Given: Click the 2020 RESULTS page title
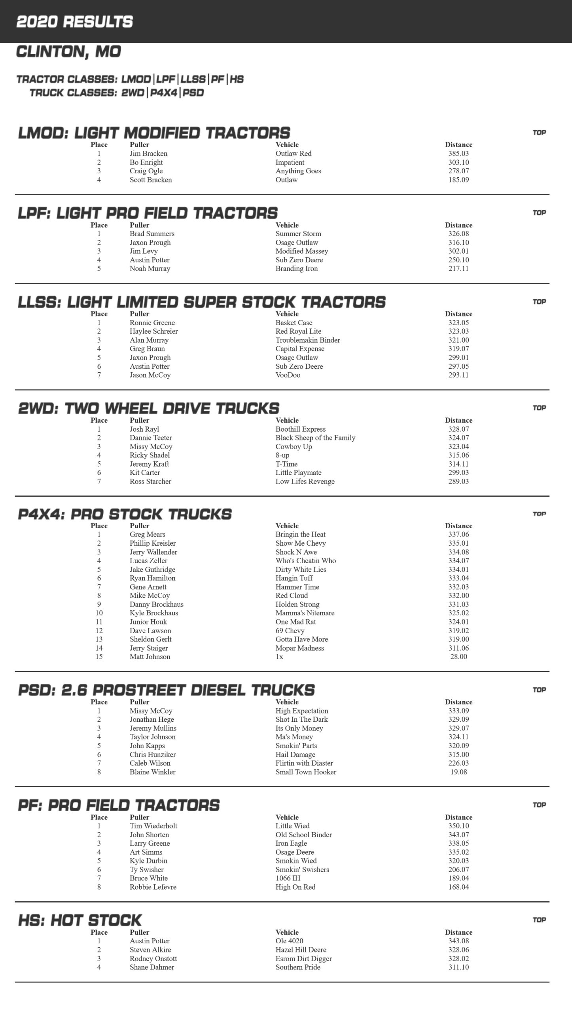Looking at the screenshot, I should (74, 22).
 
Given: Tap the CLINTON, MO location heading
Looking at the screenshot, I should (68, 52).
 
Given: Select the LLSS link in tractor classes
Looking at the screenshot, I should (193, 79).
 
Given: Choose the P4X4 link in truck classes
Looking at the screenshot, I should (164, 93).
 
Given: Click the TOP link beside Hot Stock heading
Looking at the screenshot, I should (539, 920).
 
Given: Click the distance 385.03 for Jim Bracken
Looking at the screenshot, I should (458, 154).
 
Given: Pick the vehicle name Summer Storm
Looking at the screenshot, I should (298, 234).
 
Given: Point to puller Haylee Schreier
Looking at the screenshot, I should (153, 331).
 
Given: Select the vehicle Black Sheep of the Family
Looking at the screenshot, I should (315, 438).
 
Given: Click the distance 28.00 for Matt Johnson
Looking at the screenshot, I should (458, 656).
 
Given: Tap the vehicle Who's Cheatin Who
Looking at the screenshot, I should (305, 561).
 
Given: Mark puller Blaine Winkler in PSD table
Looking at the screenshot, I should (152, 772).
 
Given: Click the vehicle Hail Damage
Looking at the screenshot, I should (295, 754).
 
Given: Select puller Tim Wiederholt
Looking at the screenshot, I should (153, 826).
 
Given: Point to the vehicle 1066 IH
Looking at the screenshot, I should (288, 878).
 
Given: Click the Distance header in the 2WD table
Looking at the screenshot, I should (458, 420).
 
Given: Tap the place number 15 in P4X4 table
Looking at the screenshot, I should (99, 656).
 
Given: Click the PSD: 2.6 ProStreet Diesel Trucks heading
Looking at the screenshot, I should (166, 690).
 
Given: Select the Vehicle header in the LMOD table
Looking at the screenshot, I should (287, 145).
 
